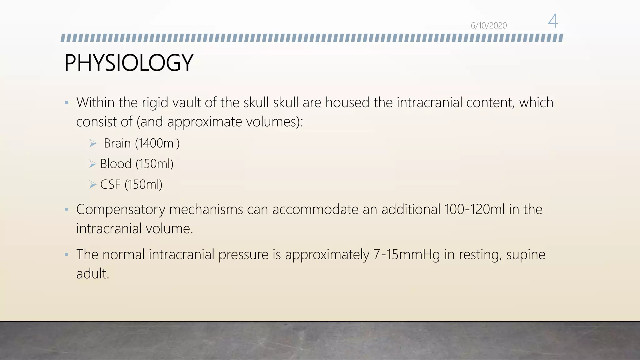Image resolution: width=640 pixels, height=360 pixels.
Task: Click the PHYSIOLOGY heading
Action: click(x=129, y=63)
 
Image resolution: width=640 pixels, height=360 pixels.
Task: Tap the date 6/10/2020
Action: click(x=489, y=26)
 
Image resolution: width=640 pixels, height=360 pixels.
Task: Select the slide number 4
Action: click(x=553, y=21)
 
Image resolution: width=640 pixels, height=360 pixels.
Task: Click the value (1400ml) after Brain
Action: click(x=157, y=143)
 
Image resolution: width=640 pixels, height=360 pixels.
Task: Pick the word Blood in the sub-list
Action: click(x=116, y=164)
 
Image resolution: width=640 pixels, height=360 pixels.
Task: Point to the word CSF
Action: click(x=110, y=185)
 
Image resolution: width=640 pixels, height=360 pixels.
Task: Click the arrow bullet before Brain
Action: click(x=93, y=143)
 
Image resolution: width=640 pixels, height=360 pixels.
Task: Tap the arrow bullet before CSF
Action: click(x=92, y=185)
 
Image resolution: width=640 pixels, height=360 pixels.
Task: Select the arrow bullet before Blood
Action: click(x=92, y=164)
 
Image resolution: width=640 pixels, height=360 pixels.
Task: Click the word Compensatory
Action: click(x=120, y=210)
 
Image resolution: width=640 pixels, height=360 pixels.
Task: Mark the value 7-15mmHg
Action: click(x=407, y=254)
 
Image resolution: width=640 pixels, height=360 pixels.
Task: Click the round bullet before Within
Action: click(x=66, y=103)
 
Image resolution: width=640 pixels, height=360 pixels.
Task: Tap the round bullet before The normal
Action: click(x=66, y=255)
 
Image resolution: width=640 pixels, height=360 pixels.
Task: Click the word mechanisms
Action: click(x=206, y=210)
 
